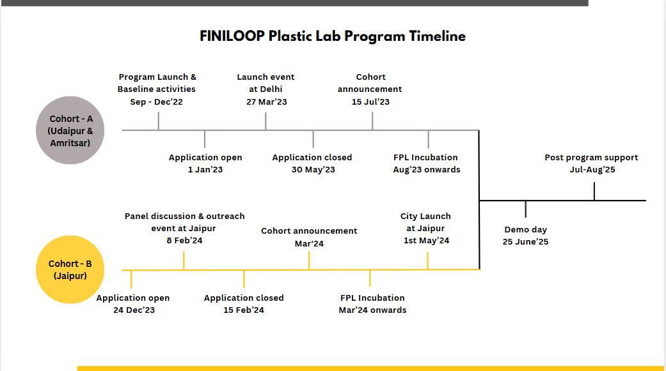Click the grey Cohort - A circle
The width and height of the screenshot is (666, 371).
(x=70, y=130)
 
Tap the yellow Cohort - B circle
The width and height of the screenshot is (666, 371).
(x=70, y=269)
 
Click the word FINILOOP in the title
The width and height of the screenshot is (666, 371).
(x=232, y=36)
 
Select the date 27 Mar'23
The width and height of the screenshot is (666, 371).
(x=267, y=102)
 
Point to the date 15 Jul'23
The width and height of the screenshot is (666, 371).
(x=370, y=102)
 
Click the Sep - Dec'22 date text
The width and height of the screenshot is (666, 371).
(x=156, y=102)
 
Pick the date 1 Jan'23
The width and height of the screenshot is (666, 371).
(x=205, y=170)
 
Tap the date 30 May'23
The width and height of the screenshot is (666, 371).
(x=313, y=170)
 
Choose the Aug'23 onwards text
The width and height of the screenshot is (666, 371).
(x=427, y=170)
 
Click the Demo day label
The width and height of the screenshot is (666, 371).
(x=525, y=230)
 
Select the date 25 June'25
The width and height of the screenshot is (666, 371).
(x=525, y=241)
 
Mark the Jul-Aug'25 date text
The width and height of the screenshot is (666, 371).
(x=592, y=170)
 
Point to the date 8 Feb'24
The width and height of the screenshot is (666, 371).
(x=184, y=240)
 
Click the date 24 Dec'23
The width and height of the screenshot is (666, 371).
(x=134, y=310)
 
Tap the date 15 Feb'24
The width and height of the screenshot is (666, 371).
(x=244, y=310)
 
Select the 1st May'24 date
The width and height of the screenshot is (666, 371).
(x=426, y=240)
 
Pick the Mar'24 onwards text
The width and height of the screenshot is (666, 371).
(x=372, y=310)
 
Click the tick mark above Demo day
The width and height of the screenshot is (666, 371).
(x=525, y=209)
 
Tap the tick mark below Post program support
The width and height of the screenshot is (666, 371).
(x=594, y=191)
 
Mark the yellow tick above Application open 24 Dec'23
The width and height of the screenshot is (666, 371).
(x=131, y=279)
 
